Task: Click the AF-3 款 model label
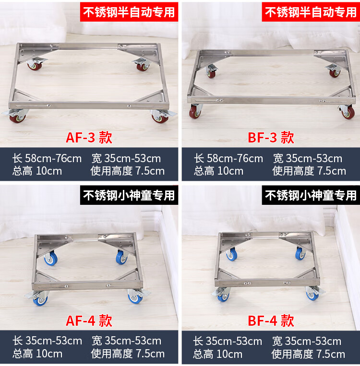pyautogui.click(x=89, y=137)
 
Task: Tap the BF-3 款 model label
pyautogui.click(x=271, y=137)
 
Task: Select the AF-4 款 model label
pyautogui.click(x=89, y=320)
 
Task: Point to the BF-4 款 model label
pyautogui.click(x=271, y=320)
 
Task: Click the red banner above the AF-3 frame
pyautogui.click(x=129, y=12)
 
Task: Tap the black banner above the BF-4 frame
pyautogui.click(x=311, y=195)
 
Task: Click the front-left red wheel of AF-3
pyautogui.click(x=17, y=118)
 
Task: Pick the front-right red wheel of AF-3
pyautogui.click(x=160, y=118)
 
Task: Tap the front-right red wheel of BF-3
pyautogui.click(x=348, y=113)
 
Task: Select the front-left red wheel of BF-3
pyautogui.click(x=195, y=112)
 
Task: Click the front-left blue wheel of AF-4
pyautogui.click(x=40, y=300)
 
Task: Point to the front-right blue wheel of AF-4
pyautogui.click(x=135, y=298)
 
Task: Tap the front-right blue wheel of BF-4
pyautogui.click(x=312, y=296)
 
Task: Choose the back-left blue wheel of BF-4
pyautogui.click(x=232, y=254)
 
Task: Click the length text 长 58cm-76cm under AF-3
pyautogui.click(x=47, y=158)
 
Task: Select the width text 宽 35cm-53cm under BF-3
pyautogui.click(x=308, y=158)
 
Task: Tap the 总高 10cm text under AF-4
pyautogui.click(x=37, y=354)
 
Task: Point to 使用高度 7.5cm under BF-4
pyautogui.click(x=308, y=354)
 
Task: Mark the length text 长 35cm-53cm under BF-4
pyautogui.click(x=228, y=341)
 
